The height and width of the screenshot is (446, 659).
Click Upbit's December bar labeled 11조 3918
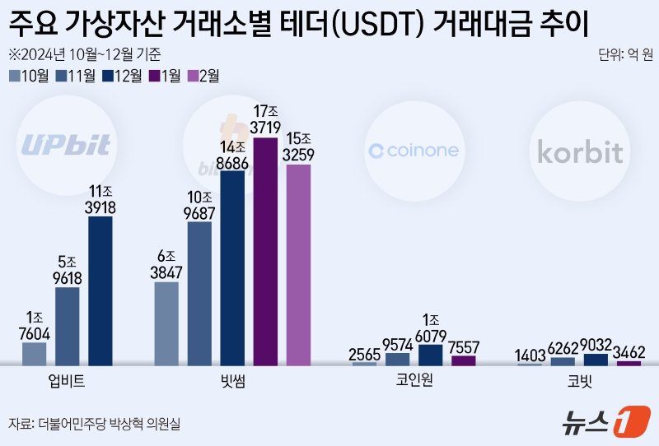click(100, 290)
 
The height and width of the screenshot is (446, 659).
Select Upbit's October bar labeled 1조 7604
click(35, 353)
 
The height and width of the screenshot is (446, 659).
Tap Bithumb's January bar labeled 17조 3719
click(265, 251)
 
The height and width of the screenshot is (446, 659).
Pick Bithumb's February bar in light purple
click(298, 264)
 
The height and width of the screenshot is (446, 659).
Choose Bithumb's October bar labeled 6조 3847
click(166, 323)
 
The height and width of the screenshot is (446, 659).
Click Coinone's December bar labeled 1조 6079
click(431, 355)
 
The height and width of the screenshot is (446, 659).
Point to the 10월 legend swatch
click(16, 77)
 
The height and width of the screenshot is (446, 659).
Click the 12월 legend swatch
click(110, 77)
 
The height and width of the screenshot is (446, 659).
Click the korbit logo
click(580, 152)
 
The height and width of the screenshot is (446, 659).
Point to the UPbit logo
click(66, 146)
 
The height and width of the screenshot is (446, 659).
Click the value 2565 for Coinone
click(365, 355)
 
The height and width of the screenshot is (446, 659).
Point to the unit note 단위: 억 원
click(625, 55)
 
